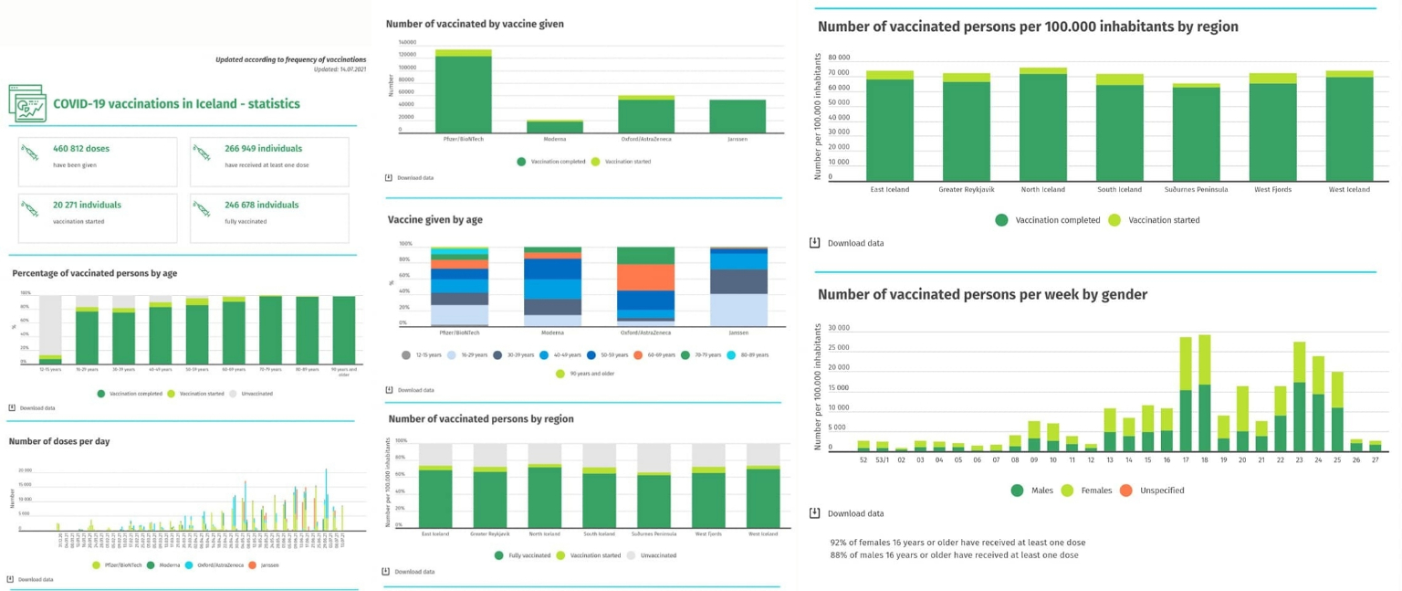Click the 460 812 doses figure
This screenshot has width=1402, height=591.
point(81,148)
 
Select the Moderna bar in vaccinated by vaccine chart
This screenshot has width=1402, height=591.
point(554,127)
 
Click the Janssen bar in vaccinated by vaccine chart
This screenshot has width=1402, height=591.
point(738,116)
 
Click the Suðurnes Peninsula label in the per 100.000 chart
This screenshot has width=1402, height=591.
point(1196,190)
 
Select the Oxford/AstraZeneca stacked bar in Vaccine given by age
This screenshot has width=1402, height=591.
point(645,286)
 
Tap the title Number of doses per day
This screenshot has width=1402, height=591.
point(59,441)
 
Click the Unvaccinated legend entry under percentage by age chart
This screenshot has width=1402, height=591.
point(251,394)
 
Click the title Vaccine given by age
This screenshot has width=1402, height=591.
point(435,220)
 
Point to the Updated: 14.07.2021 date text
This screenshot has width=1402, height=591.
point(340,69)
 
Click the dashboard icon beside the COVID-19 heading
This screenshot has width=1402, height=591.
point(26,103)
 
